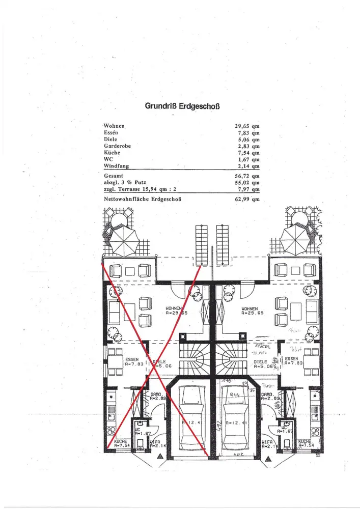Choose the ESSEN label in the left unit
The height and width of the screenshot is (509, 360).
click(132, 359)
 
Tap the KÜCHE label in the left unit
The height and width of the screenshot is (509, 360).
click(121, 441)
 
